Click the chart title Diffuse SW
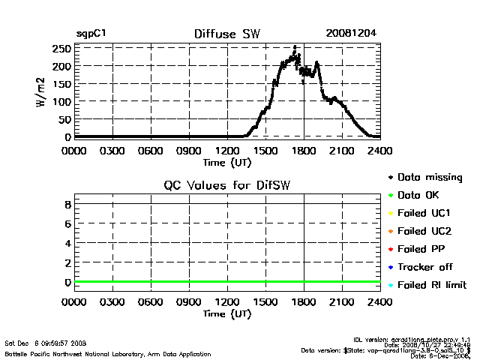[226, 34]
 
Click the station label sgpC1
[92, 34]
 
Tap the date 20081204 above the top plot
[351, 34]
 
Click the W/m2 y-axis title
[43, 92]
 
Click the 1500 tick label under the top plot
[265, 151]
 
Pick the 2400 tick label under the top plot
[380, 151]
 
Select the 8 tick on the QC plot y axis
[67, 204]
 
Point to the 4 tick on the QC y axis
[67, 244]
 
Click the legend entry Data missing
[430, 178]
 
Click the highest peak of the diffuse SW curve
[295, 47]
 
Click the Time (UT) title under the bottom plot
[226, 313]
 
